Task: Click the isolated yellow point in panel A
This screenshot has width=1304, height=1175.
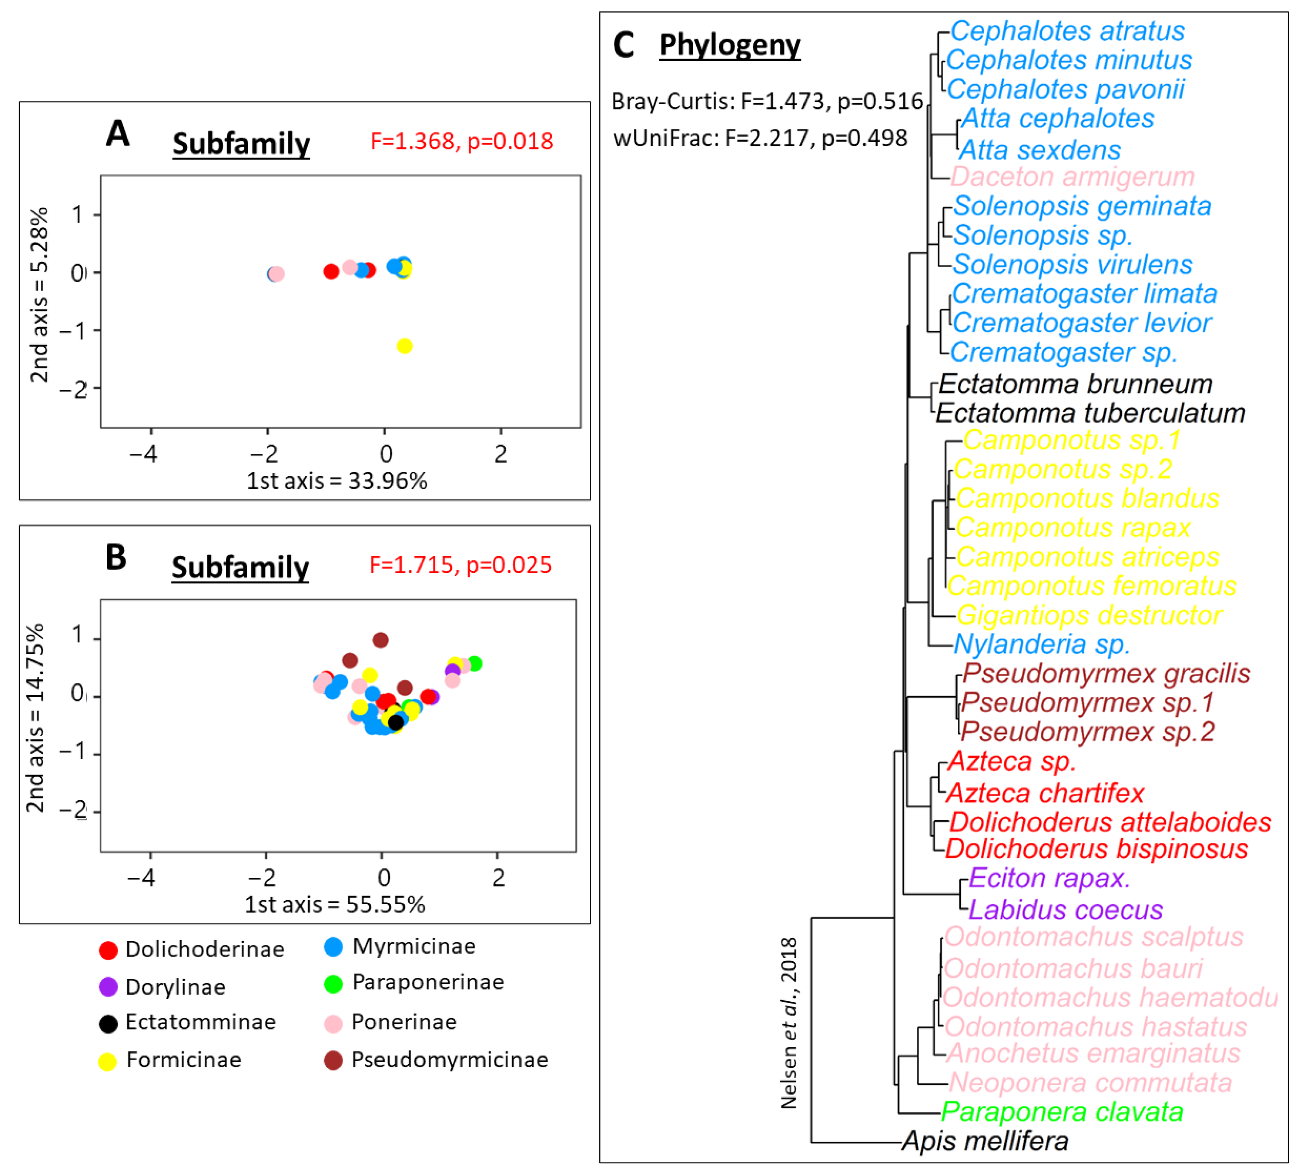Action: pos(404,346)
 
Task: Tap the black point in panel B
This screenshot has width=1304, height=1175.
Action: pos(396,722)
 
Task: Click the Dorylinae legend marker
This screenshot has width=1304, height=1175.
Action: pos(108,986)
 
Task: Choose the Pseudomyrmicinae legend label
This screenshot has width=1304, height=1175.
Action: pos(449,1060)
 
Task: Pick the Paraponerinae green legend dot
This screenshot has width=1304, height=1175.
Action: pos(333,984)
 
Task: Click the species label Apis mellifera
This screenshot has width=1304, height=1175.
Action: pos(985,1141)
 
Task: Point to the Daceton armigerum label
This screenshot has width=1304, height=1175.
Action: pos(1072,176)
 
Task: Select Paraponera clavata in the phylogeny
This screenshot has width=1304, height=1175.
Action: pos(1062,1112)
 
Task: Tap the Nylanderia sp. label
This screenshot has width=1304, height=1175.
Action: pos(1041,644)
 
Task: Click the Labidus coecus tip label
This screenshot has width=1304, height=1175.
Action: pos(1065,910)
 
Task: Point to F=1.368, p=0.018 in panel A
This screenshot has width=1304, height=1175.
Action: pos(462,141)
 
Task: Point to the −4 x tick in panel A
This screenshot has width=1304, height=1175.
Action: pos(143,454)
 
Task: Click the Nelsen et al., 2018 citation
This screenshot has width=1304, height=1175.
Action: pos(789,1023)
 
